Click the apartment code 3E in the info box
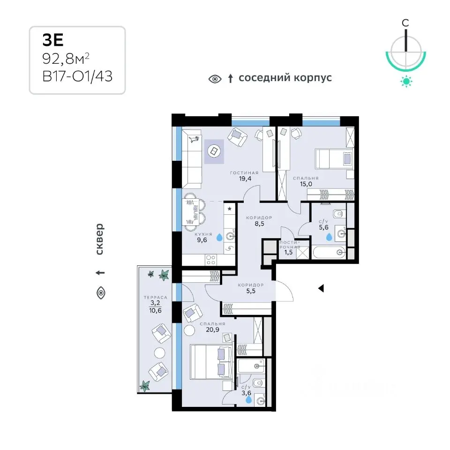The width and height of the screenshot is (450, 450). coord(53,40)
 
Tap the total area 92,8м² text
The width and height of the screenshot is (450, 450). coord(66,59)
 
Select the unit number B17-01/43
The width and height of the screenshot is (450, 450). coord(77,76)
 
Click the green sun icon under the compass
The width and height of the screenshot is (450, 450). coord(406,82)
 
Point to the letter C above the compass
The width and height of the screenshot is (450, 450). coord(405,22)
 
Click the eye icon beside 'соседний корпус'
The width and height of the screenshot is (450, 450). coord(215,79)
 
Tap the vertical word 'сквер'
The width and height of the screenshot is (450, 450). coord(99,239)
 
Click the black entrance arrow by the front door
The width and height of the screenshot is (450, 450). coord(321,288)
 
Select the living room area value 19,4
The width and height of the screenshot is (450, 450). coord(245,179)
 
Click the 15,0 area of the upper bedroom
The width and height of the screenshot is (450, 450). coord(306,184)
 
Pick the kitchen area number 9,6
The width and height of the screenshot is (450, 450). coord(202,240)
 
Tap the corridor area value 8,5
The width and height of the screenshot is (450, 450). coord(259,224)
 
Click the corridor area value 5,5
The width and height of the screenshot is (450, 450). coord(250,291)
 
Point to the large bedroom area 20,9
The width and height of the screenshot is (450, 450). coord(212,330)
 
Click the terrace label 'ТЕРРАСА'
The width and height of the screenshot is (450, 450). coord(155,298)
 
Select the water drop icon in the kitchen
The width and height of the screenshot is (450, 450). coord(219,237)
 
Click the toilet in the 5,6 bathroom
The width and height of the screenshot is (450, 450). coord(339,214)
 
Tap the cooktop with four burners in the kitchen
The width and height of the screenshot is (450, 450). coord(211,260)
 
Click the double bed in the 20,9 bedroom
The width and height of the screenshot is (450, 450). coord(211,362)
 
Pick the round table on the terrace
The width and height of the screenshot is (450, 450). coord(159,352)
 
